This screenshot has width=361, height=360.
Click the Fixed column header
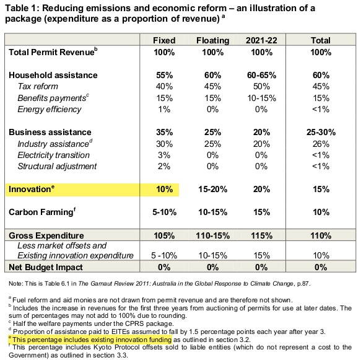[x=164, y=40]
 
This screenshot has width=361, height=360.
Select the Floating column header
[x=213, y=40]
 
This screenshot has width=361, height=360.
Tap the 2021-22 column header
[x=261, y=40]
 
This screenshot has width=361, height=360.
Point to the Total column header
[x=321, y=40]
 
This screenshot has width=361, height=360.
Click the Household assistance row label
[x=53, y=75]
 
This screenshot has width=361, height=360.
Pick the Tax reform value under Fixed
[x=164, y=86]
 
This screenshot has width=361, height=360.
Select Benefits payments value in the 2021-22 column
[x=261, y=98]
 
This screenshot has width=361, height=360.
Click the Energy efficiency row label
[x=50, y=110]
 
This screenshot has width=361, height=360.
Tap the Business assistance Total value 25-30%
[x=321, y=132]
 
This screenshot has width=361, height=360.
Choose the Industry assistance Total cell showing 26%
[x=321, y=144]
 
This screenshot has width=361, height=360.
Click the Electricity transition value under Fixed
[x=164, y=155]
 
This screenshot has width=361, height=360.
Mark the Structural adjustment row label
[x=57, y=166]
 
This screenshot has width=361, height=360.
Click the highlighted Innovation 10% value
[x=164, y=190]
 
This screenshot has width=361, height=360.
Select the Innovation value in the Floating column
[x=213, y=190]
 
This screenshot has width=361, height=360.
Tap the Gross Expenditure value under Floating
[x=213, y=235]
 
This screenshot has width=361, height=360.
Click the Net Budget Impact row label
[x=46, y=267]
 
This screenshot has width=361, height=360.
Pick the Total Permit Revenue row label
[x=53, y=52]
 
